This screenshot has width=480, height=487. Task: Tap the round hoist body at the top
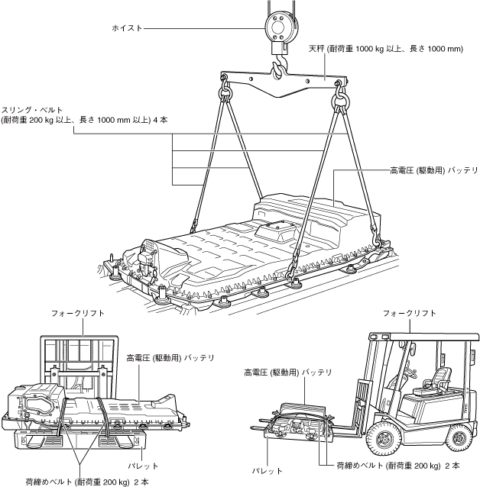[x=280, y=24]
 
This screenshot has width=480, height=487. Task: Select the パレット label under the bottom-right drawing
[x=267, y=471]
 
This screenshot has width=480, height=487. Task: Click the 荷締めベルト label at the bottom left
[x=87, y=481]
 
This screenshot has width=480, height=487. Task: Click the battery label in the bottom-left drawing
[x=170, y=356]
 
